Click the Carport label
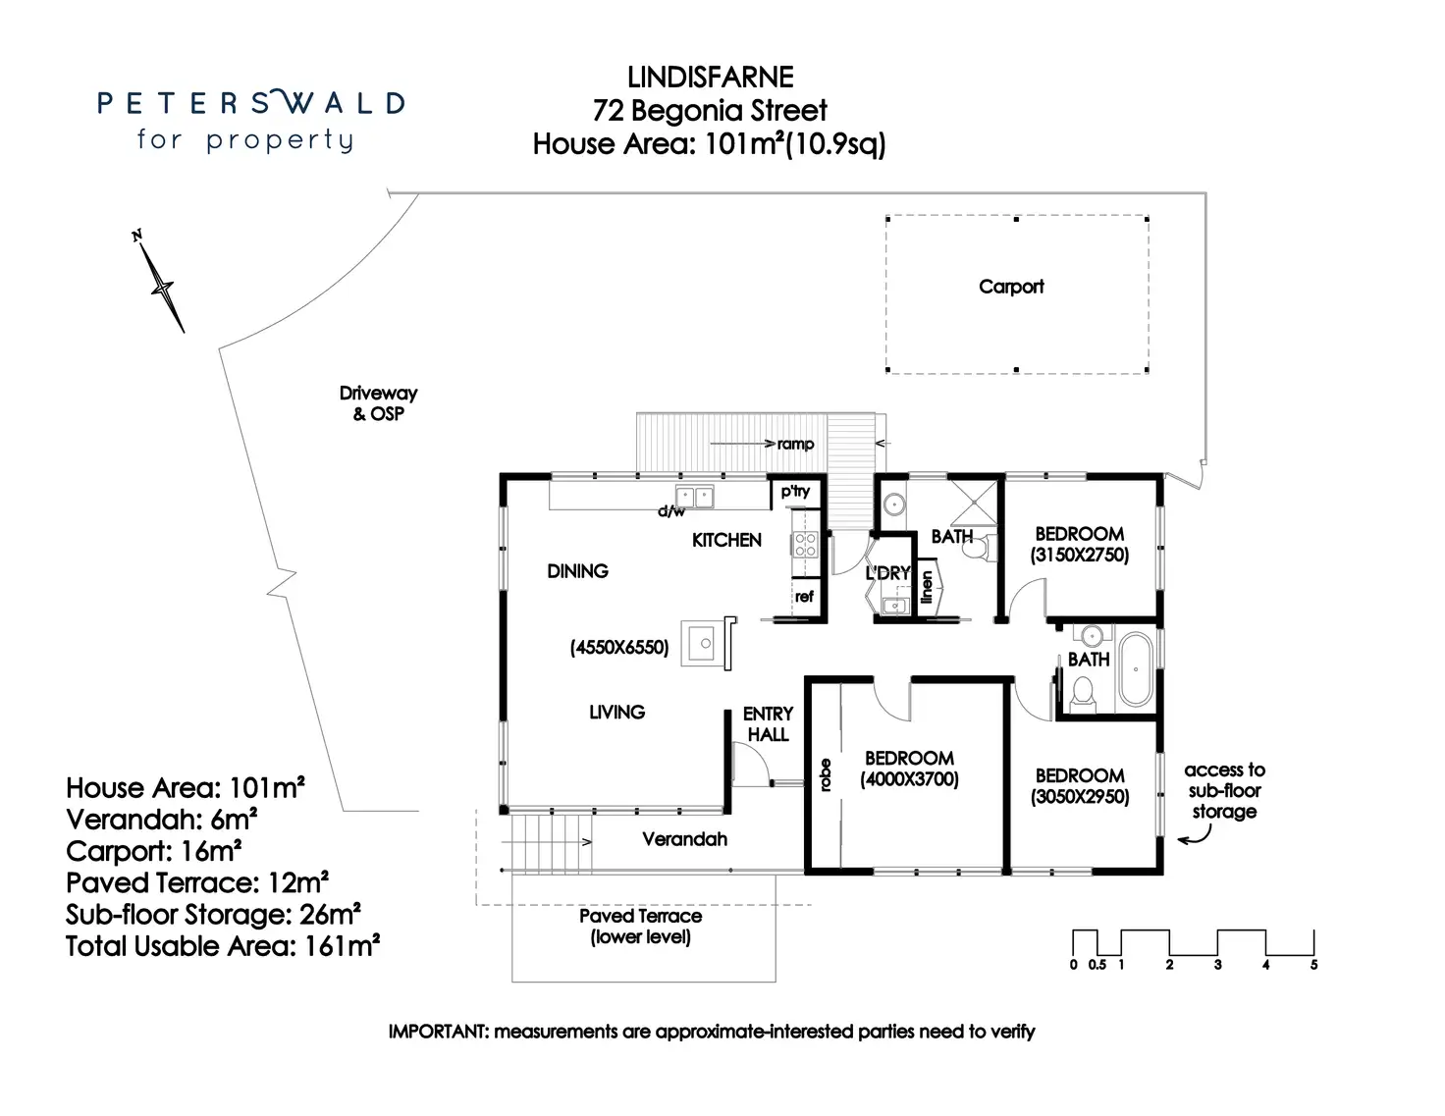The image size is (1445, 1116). click(1011, 287)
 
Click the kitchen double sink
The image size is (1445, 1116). click(694, 497)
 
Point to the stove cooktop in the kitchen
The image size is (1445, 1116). click(805, 545)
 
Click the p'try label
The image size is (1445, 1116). click(795, 492)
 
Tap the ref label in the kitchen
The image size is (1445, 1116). click(804, 596)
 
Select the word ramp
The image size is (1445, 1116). click(795, 444)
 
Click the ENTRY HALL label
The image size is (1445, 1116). click(768, 723)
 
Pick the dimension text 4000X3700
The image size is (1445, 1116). click(909, 779)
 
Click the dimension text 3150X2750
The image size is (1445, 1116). click(1079, 555)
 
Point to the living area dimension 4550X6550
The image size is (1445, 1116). click(619, 648)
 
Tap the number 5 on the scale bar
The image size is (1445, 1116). click(1314, 965)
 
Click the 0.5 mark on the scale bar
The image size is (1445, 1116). click(1097, 965)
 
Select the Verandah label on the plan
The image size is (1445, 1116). click(684, 839)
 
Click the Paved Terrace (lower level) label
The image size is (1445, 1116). click(641, 927)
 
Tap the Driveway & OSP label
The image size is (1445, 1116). click(378, 403)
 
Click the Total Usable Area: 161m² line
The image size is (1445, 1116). click(223, 946)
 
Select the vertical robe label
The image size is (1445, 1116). click(826, 775)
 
